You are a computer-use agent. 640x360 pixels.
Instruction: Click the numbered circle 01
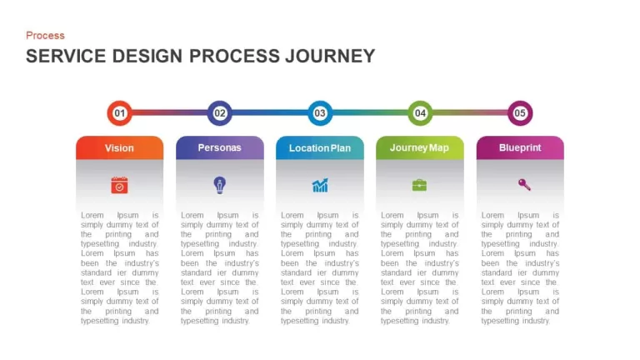click(120, 113)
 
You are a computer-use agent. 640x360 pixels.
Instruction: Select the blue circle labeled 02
click(220, 113)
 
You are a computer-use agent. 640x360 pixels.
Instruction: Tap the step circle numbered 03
click(320, 113)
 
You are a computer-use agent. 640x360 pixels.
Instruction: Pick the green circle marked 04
click(420, 113)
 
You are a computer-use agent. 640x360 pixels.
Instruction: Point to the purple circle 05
click(520, 113)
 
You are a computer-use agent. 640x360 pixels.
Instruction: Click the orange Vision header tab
click(120, 147)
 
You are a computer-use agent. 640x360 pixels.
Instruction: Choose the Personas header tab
click(220, 147)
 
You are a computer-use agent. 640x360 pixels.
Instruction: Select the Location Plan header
click(320, 147)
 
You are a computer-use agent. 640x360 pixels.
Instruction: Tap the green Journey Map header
click(420, 147)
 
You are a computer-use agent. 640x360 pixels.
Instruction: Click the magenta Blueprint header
click(520, 147)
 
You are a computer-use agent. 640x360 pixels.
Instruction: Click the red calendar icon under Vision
click(120, 185)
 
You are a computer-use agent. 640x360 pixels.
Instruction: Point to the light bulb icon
click(220, 185)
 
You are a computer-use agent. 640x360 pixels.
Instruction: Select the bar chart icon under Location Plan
click(320, 185)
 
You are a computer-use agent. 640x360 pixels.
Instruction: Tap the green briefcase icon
click(420, 185)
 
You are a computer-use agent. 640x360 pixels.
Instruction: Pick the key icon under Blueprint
click(524, 185)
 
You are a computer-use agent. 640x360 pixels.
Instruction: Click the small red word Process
click(45, 36)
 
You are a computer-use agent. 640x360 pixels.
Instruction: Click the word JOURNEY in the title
click(330, 56)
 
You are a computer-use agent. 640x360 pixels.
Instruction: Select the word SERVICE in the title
click(66, 56)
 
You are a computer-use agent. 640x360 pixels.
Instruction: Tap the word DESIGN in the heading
click(147, 56)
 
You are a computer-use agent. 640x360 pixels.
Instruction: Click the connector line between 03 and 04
click(370, 112)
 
